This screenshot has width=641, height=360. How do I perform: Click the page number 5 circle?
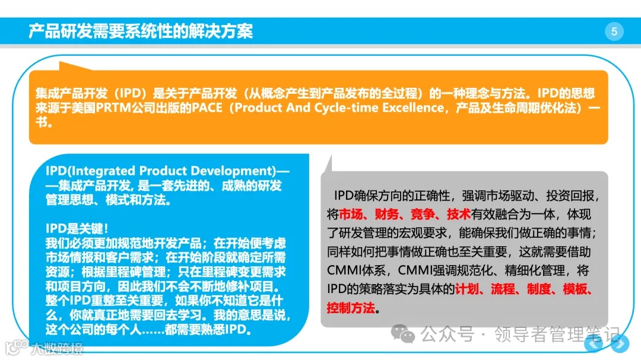(x=614, y=31)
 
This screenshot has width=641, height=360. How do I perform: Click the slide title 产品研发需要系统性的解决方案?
(x=141, y=31)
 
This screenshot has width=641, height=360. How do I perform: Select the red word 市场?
(x=351, y=214)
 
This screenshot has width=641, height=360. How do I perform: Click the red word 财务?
(x=388, y=214)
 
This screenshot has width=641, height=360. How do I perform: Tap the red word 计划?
(x=467, y=289)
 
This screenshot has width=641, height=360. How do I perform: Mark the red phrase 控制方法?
(x=351, y=308)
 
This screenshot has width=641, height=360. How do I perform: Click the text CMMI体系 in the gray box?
(x=352, y=270)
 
